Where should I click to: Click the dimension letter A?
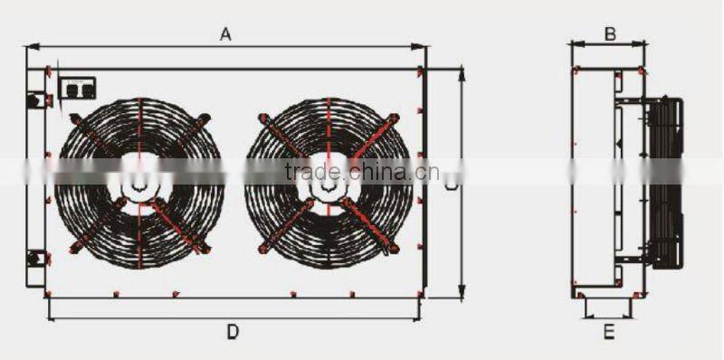pos(226,34)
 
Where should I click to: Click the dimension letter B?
pos(610,33)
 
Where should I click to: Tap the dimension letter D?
pos(233,332)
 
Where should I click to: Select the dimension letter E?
pos(609,332)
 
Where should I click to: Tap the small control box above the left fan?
pos(77,88)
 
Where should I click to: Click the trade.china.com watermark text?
pos(361,172)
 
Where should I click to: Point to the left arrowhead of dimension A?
pos(31,47)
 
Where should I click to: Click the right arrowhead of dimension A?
pos(422,47)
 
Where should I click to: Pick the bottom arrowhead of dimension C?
pos(462,294)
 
